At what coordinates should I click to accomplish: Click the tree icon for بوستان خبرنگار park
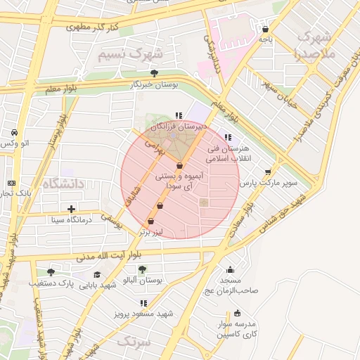click(x=154, y=72)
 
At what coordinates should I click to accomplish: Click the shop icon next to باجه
click(x=265, y=30)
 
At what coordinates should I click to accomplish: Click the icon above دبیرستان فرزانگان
click(x=179, y=115)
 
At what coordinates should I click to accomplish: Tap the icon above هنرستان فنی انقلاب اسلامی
click(x=226, y=137)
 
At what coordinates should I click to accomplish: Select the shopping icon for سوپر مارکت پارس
click(x=267, y=171)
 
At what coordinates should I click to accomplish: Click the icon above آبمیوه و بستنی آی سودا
click(x=180, y=165)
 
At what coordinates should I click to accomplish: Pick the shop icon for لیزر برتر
click(x=150, y=221)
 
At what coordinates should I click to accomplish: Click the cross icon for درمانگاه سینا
click(x=71, y=209)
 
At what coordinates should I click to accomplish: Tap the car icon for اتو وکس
click(x=14, y=132)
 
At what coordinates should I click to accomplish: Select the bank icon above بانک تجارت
click(x=11, y=182)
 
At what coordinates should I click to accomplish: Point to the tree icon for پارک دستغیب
click(x=50, y=272)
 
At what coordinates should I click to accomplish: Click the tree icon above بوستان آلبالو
click(x=142, y=269)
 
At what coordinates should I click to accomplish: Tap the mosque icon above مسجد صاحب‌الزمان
click(x=230, y=269)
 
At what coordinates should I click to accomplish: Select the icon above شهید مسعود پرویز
click(x=144, y=303)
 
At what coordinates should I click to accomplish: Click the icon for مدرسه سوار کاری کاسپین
click(x=237, y=313)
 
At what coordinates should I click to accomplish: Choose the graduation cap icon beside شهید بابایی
click(x=97, y=274)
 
